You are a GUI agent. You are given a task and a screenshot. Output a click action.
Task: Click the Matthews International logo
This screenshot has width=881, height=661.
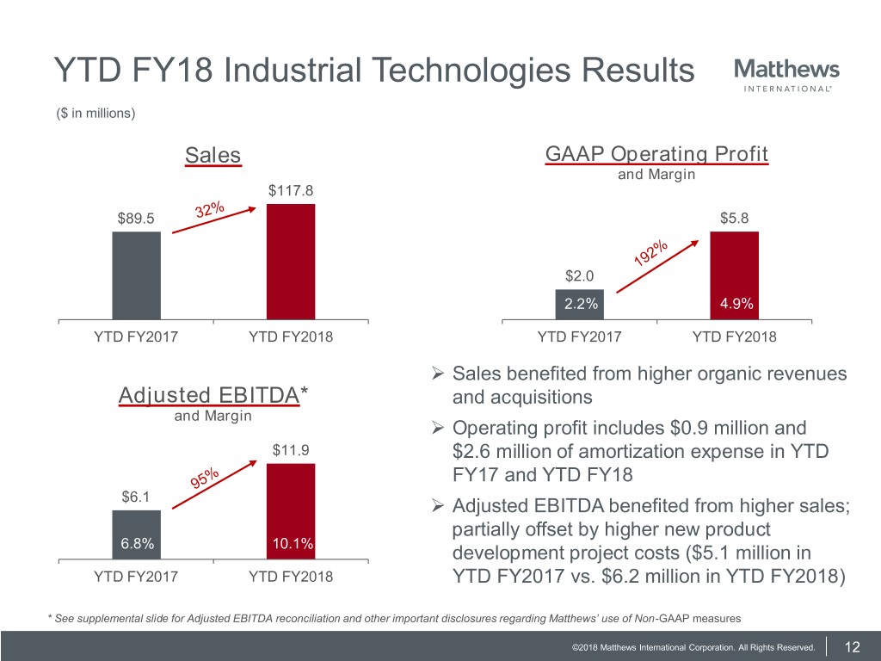point(786,75)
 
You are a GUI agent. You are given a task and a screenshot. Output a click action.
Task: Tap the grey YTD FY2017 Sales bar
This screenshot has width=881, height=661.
point(136,275)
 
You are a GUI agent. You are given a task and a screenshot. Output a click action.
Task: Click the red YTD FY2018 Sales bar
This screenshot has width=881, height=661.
point(291,262)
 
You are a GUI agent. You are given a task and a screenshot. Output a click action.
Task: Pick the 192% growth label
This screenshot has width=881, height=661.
point(651,253)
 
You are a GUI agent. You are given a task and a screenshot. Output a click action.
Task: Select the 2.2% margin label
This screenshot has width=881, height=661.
point(582,304)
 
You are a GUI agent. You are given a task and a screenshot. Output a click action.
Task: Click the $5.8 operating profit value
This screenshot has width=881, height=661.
point(734,219)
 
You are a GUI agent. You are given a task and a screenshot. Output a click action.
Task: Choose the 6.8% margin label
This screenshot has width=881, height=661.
point(136,544)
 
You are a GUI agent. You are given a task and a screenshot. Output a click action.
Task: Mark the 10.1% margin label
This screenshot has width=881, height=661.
point(291,544)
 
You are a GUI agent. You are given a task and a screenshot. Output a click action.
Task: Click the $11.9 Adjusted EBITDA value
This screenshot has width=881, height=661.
point(291,450)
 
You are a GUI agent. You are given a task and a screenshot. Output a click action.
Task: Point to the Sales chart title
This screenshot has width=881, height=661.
point(213,156)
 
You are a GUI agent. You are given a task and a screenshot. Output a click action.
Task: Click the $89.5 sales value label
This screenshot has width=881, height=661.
point(136,218)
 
